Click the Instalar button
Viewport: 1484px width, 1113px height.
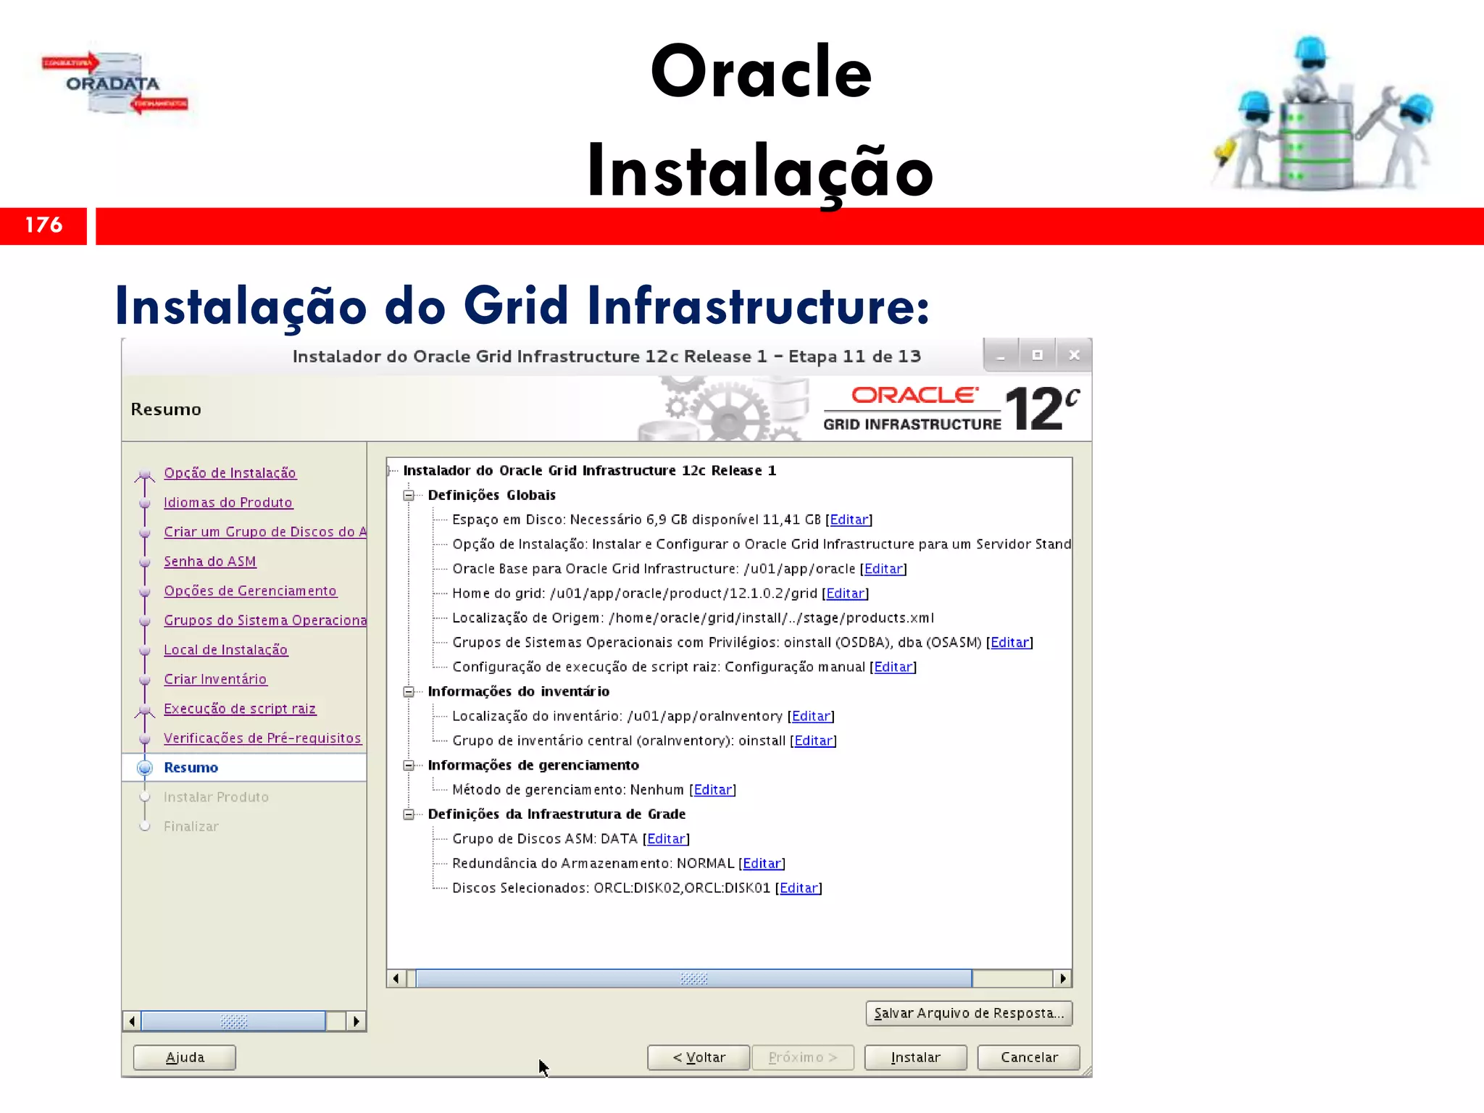915,1057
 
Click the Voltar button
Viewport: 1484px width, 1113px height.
699,1057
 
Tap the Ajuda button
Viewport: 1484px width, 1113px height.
185,1057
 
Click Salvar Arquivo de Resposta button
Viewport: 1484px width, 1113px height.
969,1013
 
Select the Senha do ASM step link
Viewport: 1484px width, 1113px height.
209,562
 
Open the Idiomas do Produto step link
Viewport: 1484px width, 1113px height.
228,502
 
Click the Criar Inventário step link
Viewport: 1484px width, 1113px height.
215,679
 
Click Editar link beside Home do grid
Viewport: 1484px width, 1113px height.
845,593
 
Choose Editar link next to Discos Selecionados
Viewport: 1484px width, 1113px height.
799,888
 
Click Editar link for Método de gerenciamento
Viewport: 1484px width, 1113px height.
713,790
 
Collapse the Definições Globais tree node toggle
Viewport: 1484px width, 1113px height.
409,495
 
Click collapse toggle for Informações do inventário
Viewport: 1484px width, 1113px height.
409,691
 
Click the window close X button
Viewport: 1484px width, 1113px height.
1074,355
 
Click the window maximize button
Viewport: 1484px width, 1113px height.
1037,355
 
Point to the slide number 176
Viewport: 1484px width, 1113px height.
43,225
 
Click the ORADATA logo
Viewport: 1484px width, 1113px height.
114,83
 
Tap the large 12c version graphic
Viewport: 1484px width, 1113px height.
1041,408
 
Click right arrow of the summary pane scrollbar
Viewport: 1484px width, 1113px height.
1062,978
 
